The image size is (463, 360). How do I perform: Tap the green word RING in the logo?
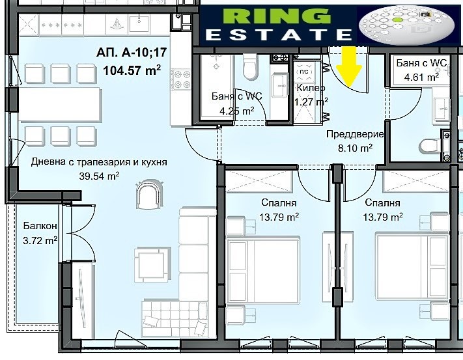[x=276, y=16]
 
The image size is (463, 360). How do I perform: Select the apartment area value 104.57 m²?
[x=132, y=70]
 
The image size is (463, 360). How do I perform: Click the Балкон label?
[x=40, y=226]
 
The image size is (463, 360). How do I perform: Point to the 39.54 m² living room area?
[x=99, y=176]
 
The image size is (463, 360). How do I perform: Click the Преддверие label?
[x=355, y=134]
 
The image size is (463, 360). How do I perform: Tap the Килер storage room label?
[x=311, y=88]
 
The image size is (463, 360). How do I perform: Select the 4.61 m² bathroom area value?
[x=421, y=77]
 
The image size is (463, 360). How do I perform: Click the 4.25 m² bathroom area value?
[x=237, y=111]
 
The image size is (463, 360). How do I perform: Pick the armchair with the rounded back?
[x=149, y=194]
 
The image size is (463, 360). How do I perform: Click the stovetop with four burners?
[x=181, y=79]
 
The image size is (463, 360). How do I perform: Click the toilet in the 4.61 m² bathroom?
[x=430, y=146]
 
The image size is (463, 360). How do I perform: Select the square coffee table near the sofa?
[x=152, y=264]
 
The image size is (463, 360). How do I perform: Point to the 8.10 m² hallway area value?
[x=355, y=148]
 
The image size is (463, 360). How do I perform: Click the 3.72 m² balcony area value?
[x=40, y=240]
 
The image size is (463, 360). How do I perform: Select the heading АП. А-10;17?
[x=132, y=53]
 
